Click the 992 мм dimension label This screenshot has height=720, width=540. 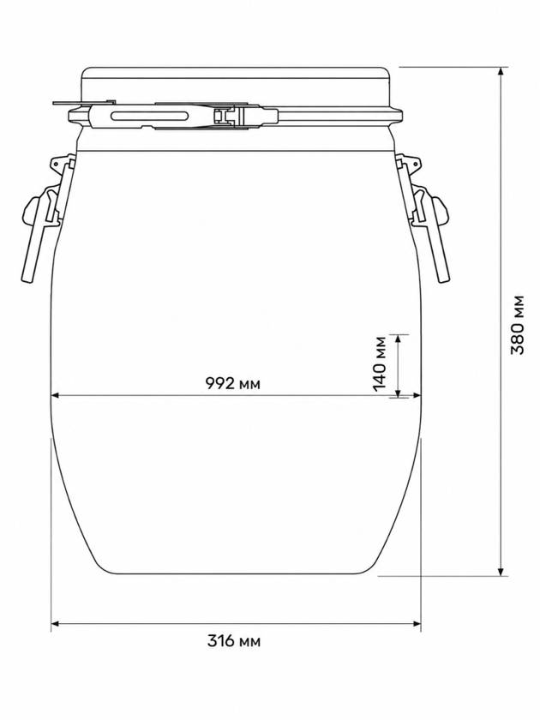(232, 383)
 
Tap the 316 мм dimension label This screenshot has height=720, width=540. (234, 640)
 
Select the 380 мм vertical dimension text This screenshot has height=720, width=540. (518, 325)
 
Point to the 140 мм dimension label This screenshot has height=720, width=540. (381, 363)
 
